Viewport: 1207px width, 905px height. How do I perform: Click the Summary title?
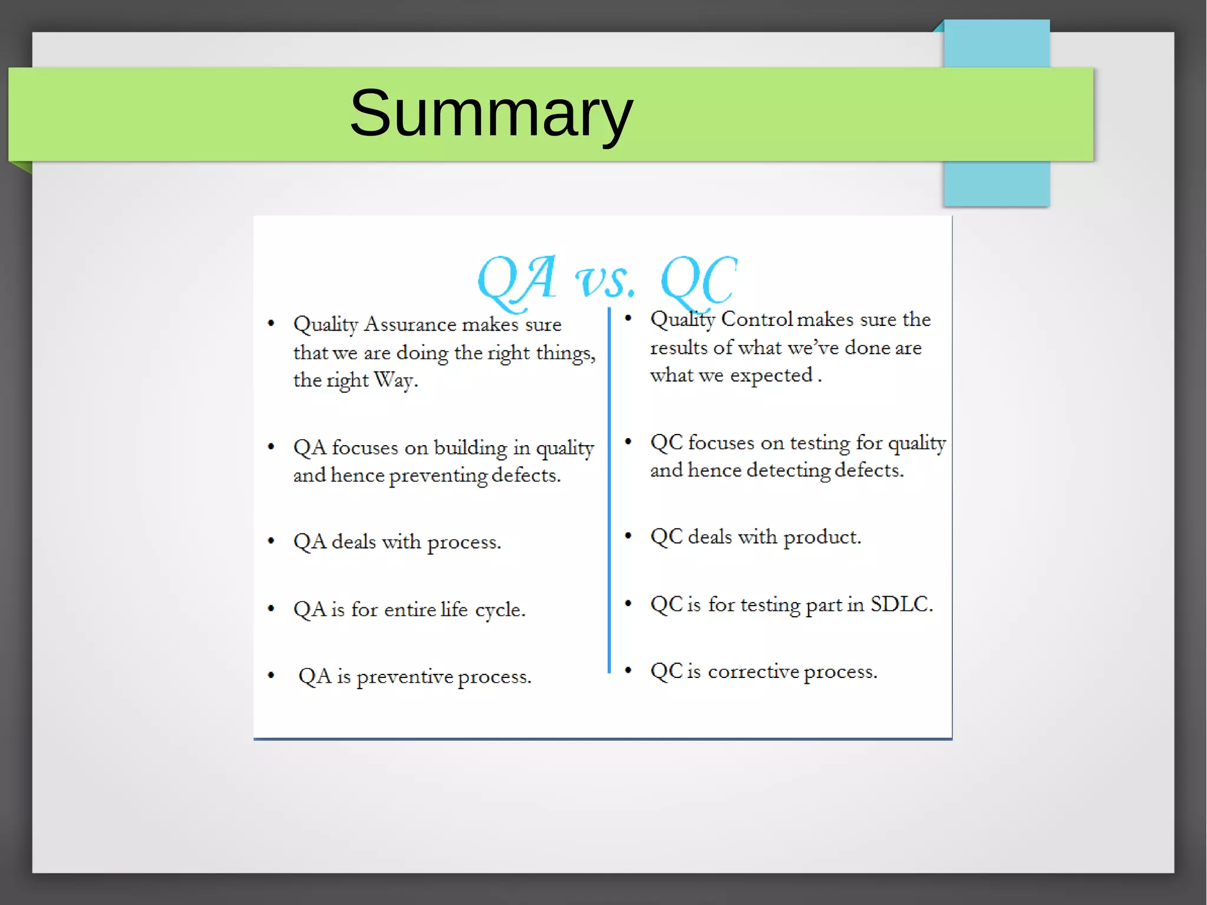tap(491, 113)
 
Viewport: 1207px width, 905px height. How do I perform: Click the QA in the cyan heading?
tap(517, 280)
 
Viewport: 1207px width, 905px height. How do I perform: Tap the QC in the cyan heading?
tap(699, 280)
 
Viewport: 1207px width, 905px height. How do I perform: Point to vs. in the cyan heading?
tap(605, 282)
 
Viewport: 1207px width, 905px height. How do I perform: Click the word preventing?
tap(438, 476)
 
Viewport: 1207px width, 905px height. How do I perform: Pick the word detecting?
tap(789, 470)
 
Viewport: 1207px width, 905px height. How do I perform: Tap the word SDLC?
tap(901, 604)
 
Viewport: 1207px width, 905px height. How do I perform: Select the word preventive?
tap(404, 677)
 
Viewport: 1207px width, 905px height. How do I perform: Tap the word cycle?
tap(500, 610)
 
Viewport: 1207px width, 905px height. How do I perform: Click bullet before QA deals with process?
tap(271, 541)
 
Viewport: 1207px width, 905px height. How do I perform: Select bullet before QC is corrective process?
tap(628, 670)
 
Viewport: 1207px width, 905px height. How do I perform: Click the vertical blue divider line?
tap(609, 489)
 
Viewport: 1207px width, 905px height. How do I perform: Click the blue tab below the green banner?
tap(996, 183)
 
